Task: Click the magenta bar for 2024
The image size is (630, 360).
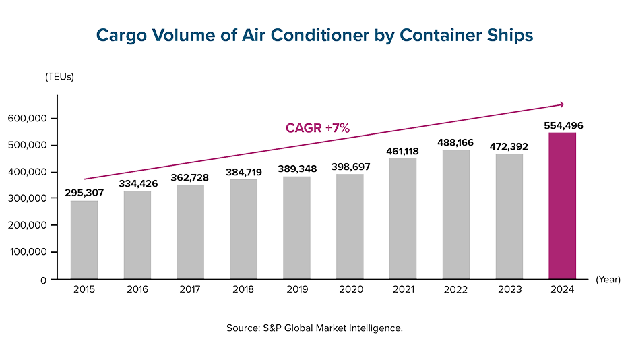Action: coord(563,206)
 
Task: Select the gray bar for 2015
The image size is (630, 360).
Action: coord(84,239)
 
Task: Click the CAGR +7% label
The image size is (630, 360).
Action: coord(317,127)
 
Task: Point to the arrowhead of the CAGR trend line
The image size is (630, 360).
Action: coord(561,104)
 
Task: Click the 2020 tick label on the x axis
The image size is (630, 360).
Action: coord(350,290)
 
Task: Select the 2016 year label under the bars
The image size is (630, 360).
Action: coord(137,290)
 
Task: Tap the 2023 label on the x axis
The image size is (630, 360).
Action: coord(509,290)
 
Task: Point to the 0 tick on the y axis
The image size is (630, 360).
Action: coord(43,279)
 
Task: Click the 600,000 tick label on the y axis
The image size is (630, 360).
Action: coord(28,118)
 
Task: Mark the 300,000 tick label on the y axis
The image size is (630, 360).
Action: coord(28,198)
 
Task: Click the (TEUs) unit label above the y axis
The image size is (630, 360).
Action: coord(59,77)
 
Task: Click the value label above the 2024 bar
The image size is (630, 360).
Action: coord(563,125)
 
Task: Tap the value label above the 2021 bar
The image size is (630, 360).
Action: coord(403,151)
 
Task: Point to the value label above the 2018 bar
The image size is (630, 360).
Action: coord(244,172)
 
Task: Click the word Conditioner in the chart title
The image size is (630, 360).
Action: coord(310,36)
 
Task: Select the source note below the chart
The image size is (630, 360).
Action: coord(315,328)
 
